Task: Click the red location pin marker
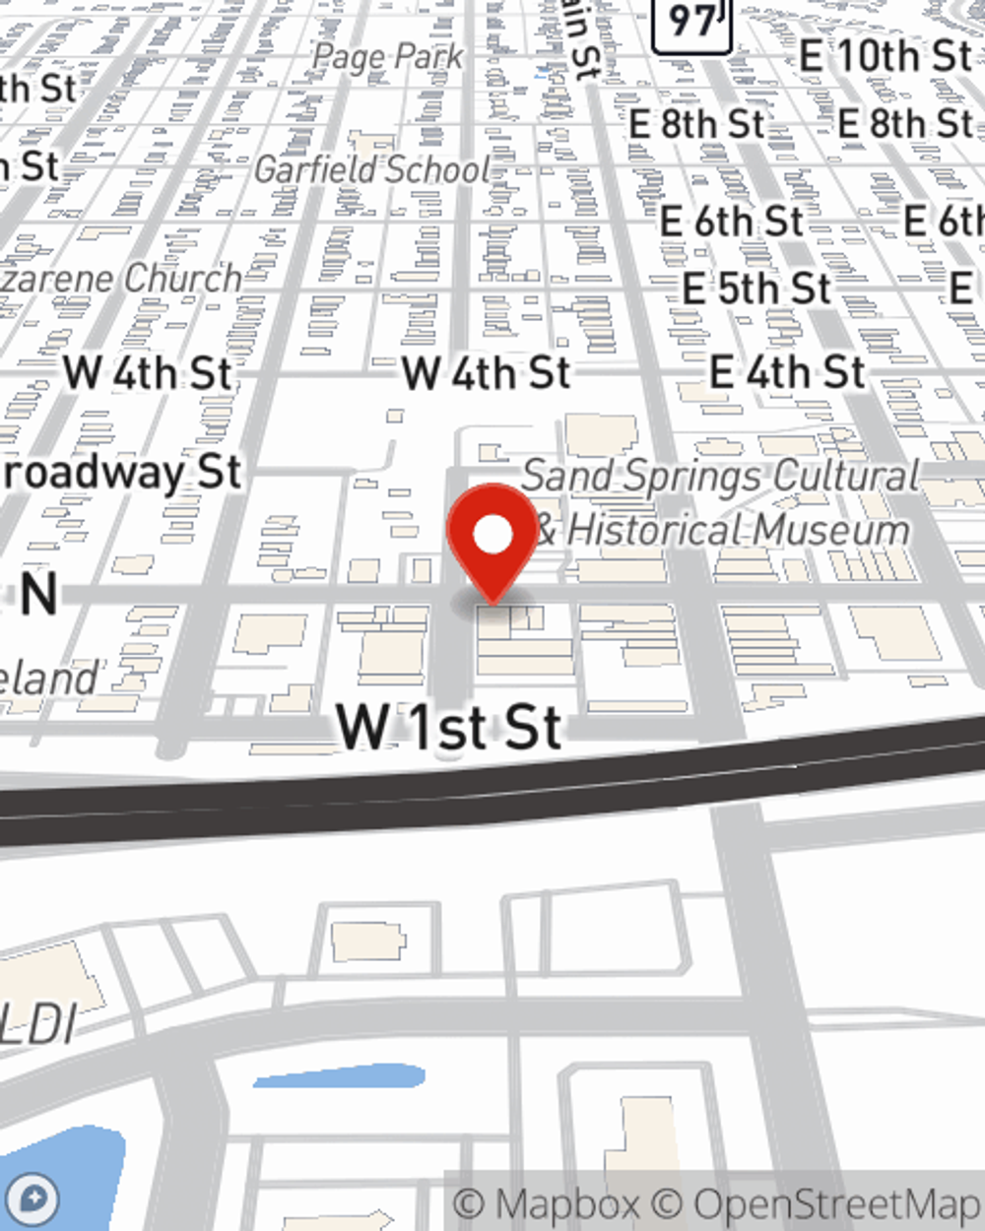coord(492,537)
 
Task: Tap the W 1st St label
coord(449,727)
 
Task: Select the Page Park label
coord(387,57)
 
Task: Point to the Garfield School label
coord(372,169)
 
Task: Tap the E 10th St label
coord(885,56)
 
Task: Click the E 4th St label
coord(787,372)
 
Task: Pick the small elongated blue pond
coord(339,1075)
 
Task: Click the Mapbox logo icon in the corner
coord(33,1200)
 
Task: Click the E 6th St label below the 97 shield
coord(731,222)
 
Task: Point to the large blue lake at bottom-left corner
coord(59,1177)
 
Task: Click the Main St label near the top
coord(581,39)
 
